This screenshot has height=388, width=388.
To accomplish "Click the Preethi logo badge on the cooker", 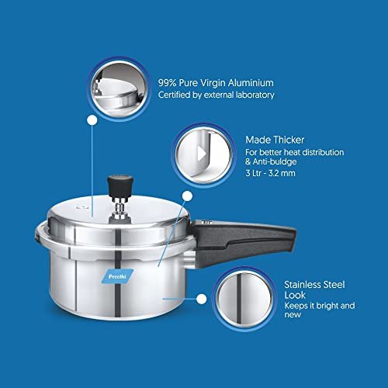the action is coord(117,276).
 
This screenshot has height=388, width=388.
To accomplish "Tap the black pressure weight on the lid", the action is coord(120,187).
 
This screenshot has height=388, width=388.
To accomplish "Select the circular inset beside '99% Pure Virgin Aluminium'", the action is coord(119,89).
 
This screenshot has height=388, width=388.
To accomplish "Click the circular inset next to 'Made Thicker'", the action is coord(203,155).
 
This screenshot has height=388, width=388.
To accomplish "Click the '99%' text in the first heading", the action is coord(167,83).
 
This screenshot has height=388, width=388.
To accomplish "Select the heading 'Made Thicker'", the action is coord(275,140).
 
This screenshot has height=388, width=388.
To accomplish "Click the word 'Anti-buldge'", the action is coord(275,161).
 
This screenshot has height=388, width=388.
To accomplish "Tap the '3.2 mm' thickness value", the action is coord(282,173).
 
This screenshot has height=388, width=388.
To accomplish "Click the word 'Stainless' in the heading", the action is coord(303,285).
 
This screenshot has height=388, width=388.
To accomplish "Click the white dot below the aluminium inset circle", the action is coord(92,120).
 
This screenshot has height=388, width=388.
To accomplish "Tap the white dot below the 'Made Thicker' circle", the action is coord(187,196).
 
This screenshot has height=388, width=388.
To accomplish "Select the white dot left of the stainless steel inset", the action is coord(202,299).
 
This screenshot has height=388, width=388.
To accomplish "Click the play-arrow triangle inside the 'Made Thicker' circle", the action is coord(202,154).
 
